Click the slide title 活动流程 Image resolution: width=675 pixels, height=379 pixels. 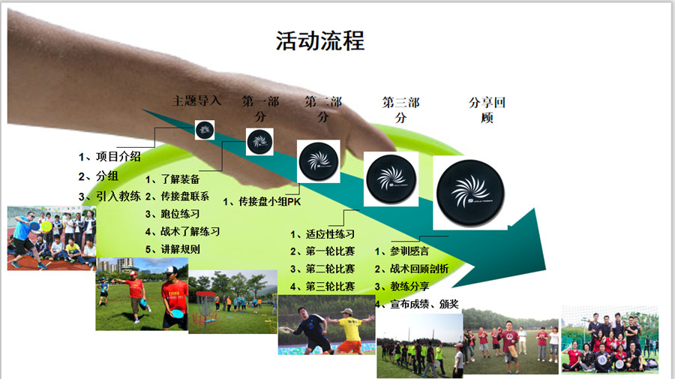(319, 41)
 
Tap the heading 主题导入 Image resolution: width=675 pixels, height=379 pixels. (196, 101)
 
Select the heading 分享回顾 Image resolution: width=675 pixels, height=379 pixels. (487, 110)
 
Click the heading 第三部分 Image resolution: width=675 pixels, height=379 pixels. (400, 110)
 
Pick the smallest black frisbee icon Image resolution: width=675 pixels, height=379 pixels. (205, 130)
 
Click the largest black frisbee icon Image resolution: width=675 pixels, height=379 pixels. (470, 193)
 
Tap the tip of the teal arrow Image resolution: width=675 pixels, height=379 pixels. (546, 269)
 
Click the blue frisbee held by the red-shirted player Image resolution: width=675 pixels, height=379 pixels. (177, 313)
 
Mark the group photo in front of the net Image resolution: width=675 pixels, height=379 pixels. (610, 339)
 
